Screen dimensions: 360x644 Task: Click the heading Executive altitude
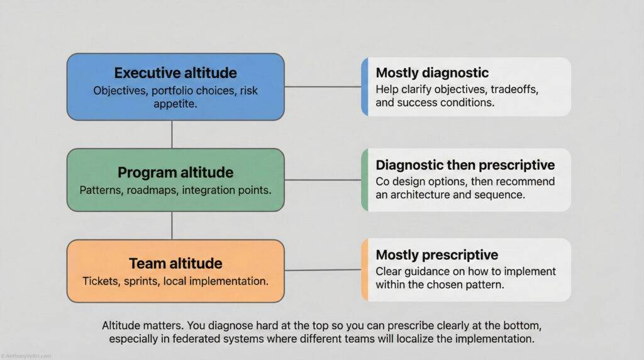[x=175, y=72]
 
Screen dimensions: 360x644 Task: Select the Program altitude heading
[x=175, y=172]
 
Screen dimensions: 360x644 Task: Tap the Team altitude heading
[x=175, y=263]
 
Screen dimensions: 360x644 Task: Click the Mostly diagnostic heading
[x=432, y=73]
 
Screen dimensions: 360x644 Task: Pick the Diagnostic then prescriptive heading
[x=465, y=165]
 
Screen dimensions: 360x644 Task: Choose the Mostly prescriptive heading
[x=437, y=255]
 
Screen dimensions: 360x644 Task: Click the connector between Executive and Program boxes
[x=172, y=134]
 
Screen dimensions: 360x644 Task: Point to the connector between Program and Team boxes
[x=172, y=225]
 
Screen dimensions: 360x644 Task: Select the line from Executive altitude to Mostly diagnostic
[x=323, y=87]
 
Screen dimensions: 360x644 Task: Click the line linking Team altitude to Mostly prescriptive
[x=323, y=270]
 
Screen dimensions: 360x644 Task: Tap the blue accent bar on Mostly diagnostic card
[x=364, y=87]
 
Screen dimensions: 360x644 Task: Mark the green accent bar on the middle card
[x=364, y=179]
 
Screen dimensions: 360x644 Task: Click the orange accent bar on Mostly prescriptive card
[x=364, y=269]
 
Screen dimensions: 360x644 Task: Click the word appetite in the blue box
[x=175, y=104]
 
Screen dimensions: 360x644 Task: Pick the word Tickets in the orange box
[x=101, y=281]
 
